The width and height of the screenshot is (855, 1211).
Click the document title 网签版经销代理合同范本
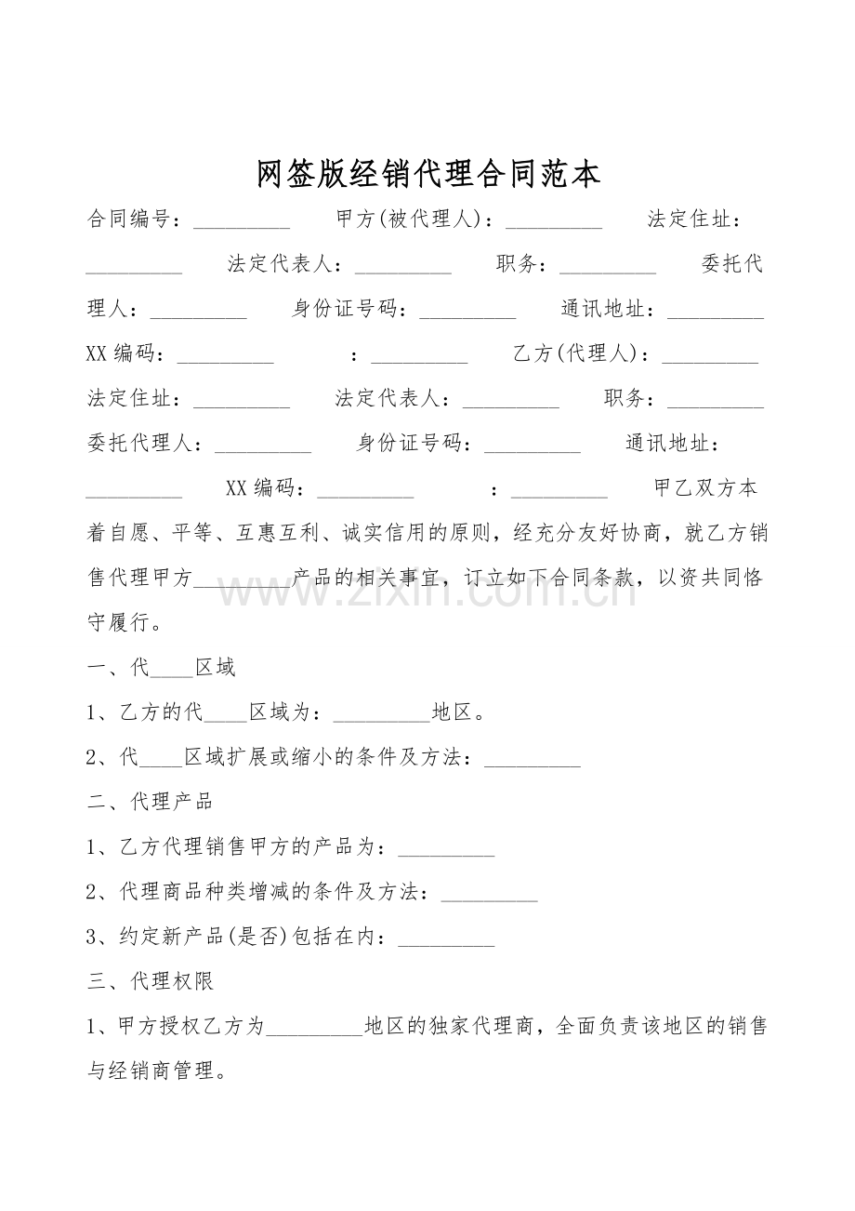(x=428, y=174)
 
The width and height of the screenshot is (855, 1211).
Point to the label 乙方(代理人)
(x=575, y=353)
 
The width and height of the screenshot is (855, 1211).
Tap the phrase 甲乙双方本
(x=706, y=487)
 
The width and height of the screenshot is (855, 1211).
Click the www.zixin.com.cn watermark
(x=427, y=588)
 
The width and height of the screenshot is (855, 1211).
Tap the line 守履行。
(x=125, y=622)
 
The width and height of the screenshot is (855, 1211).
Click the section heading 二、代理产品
(x=150, y=802)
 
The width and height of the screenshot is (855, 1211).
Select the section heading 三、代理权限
(x=150, y=980)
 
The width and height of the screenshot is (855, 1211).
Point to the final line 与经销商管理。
(x=156, y=1071)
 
